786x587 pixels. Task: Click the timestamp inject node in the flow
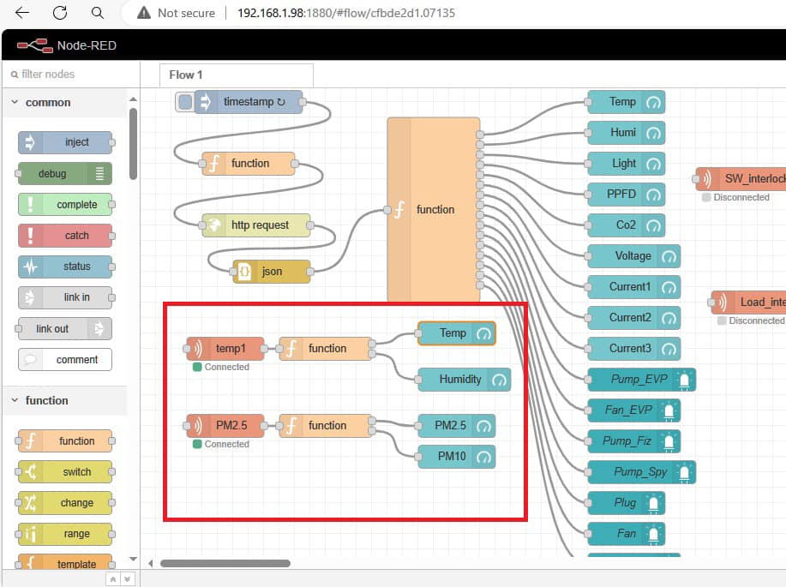click(249, 102)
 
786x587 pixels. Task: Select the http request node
click(256, 225)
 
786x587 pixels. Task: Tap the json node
click(272, 271)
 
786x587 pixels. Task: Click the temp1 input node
click(225, 349)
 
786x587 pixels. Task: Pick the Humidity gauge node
click(465, 380)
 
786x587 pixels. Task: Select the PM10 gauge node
click(456, 457)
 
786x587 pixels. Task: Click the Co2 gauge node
click(626, 225)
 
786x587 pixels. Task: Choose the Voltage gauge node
click(633, 256)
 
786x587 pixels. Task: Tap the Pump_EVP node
click(641, 380)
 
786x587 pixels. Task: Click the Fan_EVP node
click(633, 410)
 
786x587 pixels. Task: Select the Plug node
click(626, 503)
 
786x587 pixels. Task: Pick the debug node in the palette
click(64, 173)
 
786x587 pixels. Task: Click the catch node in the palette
click(64, 236)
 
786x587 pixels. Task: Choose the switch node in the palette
click(64, 472)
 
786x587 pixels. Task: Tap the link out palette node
click(64, 329)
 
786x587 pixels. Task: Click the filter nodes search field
click(70, 75)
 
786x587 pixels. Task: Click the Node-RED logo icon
click(35, 45)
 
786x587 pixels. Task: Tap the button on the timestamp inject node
click(185, 102)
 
